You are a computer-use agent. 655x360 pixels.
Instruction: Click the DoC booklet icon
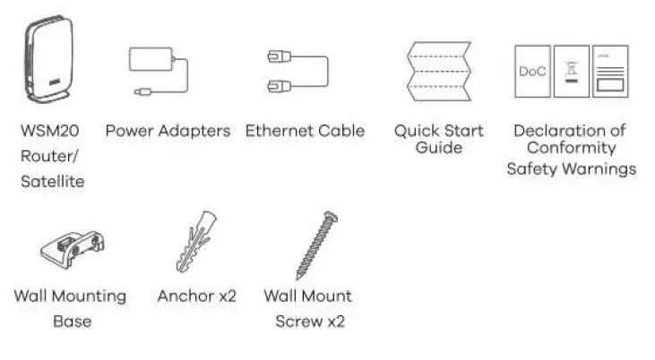coord(532,71)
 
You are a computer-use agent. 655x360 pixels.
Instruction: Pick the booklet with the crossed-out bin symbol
coord(571,71)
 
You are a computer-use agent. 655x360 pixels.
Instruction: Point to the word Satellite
coord(53,182)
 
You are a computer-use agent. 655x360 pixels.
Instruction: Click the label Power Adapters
coord(168,131)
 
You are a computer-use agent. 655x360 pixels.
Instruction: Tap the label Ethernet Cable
coord(305,131)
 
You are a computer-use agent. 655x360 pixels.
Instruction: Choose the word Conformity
coord(571,148)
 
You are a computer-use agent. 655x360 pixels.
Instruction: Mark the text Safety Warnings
coord(571,167)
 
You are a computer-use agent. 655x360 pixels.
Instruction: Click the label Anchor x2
coord(196,296)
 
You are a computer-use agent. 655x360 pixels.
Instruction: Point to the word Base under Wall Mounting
coord(71,321)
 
